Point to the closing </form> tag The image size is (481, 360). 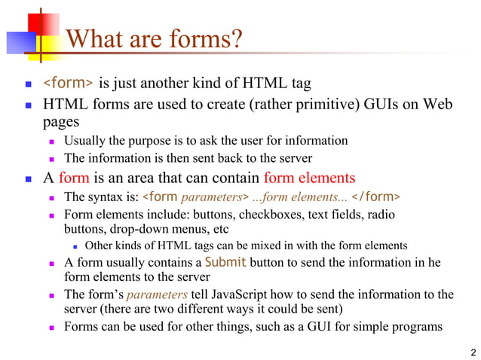(x=376, y=197)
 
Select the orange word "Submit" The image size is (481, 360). (x=225, y=262)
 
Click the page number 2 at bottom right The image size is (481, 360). (x=473, y=352)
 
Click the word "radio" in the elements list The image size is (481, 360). (x=380, y=215)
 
